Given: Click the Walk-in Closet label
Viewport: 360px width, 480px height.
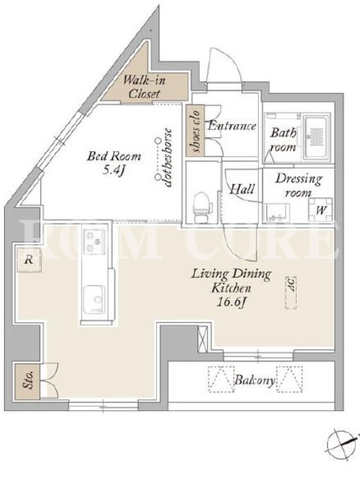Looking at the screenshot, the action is [144, 87].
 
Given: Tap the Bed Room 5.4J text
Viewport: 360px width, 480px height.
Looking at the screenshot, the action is [114, 163].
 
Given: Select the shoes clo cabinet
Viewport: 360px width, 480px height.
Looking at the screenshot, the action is [194, 130].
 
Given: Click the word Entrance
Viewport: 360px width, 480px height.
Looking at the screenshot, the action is [232, 125].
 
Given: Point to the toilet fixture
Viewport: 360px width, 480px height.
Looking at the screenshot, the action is [202, 207].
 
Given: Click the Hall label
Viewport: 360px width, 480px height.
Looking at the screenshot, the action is [242, 189].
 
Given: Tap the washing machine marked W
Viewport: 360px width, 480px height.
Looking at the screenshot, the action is [320, 209].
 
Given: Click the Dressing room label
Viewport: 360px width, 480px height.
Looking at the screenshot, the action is [298, 185].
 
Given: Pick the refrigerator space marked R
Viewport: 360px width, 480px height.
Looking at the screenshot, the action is [29, 260].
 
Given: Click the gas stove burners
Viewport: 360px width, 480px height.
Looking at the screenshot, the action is [94, 242].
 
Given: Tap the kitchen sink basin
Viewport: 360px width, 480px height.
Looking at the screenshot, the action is [94, 299].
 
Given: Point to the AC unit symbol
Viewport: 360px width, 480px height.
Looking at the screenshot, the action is [291, 293].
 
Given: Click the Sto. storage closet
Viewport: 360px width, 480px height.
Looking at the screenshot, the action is [27, 381].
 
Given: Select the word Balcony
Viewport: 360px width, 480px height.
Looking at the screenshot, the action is [254, 380].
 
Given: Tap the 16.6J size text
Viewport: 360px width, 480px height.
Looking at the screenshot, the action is [232, 302].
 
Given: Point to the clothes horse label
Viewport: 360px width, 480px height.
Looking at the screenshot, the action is [168, 158].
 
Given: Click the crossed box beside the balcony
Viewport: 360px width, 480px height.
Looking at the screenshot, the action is [203, 338].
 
